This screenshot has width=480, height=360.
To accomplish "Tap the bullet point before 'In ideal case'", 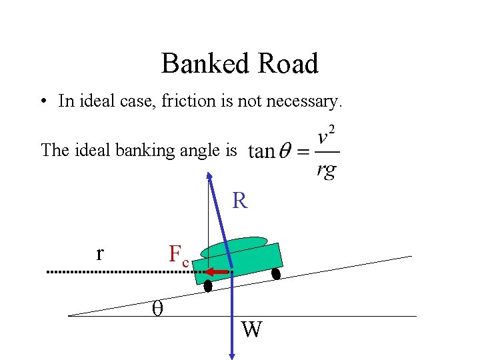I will point(42,102).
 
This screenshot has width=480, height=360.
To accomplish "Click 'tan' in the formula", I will point(261,151).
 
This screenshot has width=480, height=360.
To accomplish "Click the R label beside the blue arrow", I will point(240,201).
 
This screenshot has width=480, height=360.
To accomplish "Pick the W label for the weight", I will point(251,329).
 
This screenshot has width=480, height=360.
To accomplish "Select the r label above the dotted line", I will point(100,253).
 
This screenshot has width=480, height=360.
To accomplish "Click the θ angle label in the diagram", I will point(157,307).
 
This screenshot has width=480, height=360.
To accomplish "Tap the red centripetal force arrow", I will point(217,272).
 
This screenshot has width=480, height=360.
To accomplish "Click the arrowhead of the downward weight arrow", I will point(231,354).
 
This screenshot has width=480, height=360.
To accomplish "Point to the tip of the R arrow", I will point(209,175).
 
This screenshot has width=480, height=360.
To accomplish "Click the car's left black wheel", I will point(208,286).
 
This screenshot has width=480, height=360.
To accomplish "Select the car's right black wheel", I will point(275,273).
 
